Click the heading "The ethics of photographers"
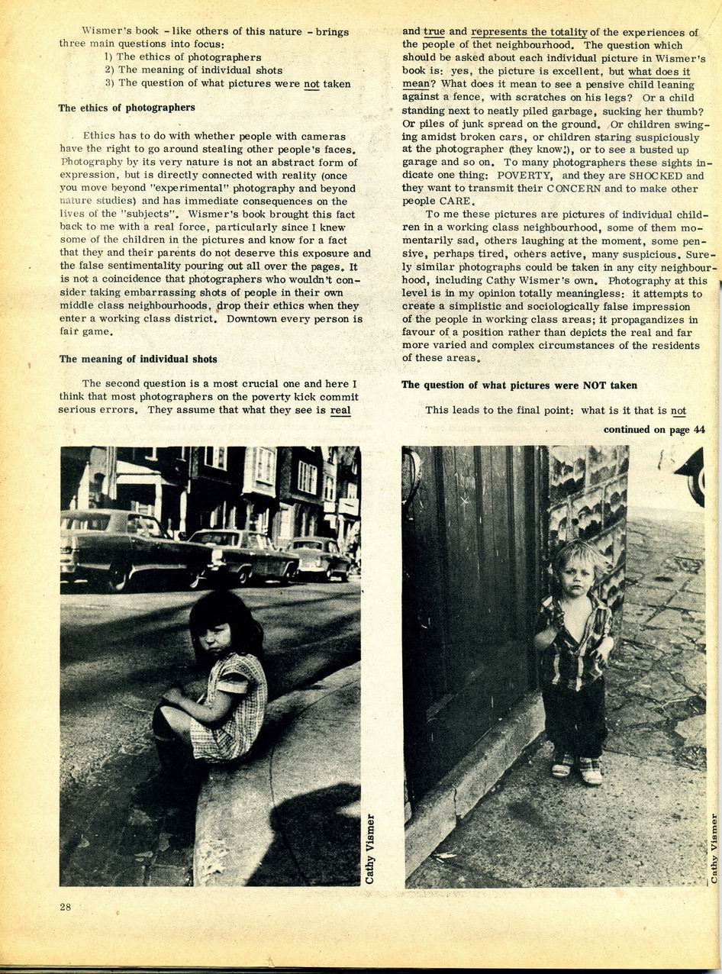point(127,108)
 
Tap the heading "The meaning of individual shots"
point(138,359)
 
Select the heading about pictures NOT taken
point(519,385)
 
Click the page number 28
point(66,907)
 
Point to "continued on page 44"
point(654,430)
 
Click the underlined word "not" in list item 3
point(311,83)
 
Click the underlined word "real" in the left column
point(340,410)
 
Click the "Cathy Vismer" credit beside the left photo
point(370,848)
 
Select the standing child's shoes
point(577,769)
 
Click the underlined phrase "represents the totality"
point(529,32)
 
